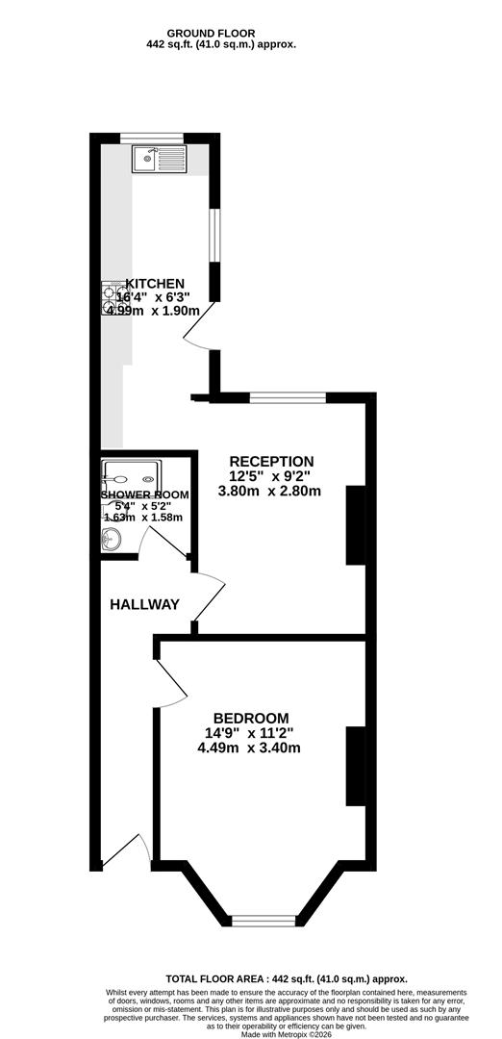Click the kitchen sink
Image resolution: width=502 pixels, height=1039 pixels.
[161, 160]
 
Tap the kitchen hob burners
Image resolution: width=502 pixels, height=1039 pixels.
[110, 298]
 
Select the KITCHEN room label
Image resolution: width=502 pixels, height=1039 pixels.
[155, 284]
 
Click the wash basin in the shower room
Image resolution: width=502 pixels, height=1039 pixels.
[111, 538]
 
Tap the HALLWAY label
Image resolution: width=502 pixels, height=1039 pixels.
[144, 604]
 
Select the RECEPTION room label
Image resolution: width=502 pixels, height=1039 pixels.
[271, 461]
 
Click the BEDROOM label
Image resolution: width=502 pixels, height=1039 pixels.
[251, 718]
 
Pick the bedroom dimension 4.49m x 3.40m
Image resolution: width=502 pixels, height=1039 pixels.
[250, 748]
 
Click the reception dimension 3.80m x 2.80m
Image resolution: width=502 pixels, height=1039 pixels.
[269, 491]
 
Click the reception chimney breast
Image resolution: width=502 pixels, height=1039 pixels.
[356, 525]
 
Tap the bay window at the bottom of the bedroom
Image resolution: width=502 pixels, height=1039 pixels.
[263, 921]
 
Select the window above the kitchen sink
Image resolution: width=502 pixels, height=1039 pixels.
[151, 138]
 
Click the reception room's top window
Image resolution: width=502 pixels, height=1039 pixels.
[289, 397]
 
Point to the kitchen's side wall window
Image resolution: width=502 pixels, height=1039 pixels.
[214, 235]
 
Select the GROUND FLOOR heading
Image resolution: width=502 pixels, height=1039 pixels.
[211, 33]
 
